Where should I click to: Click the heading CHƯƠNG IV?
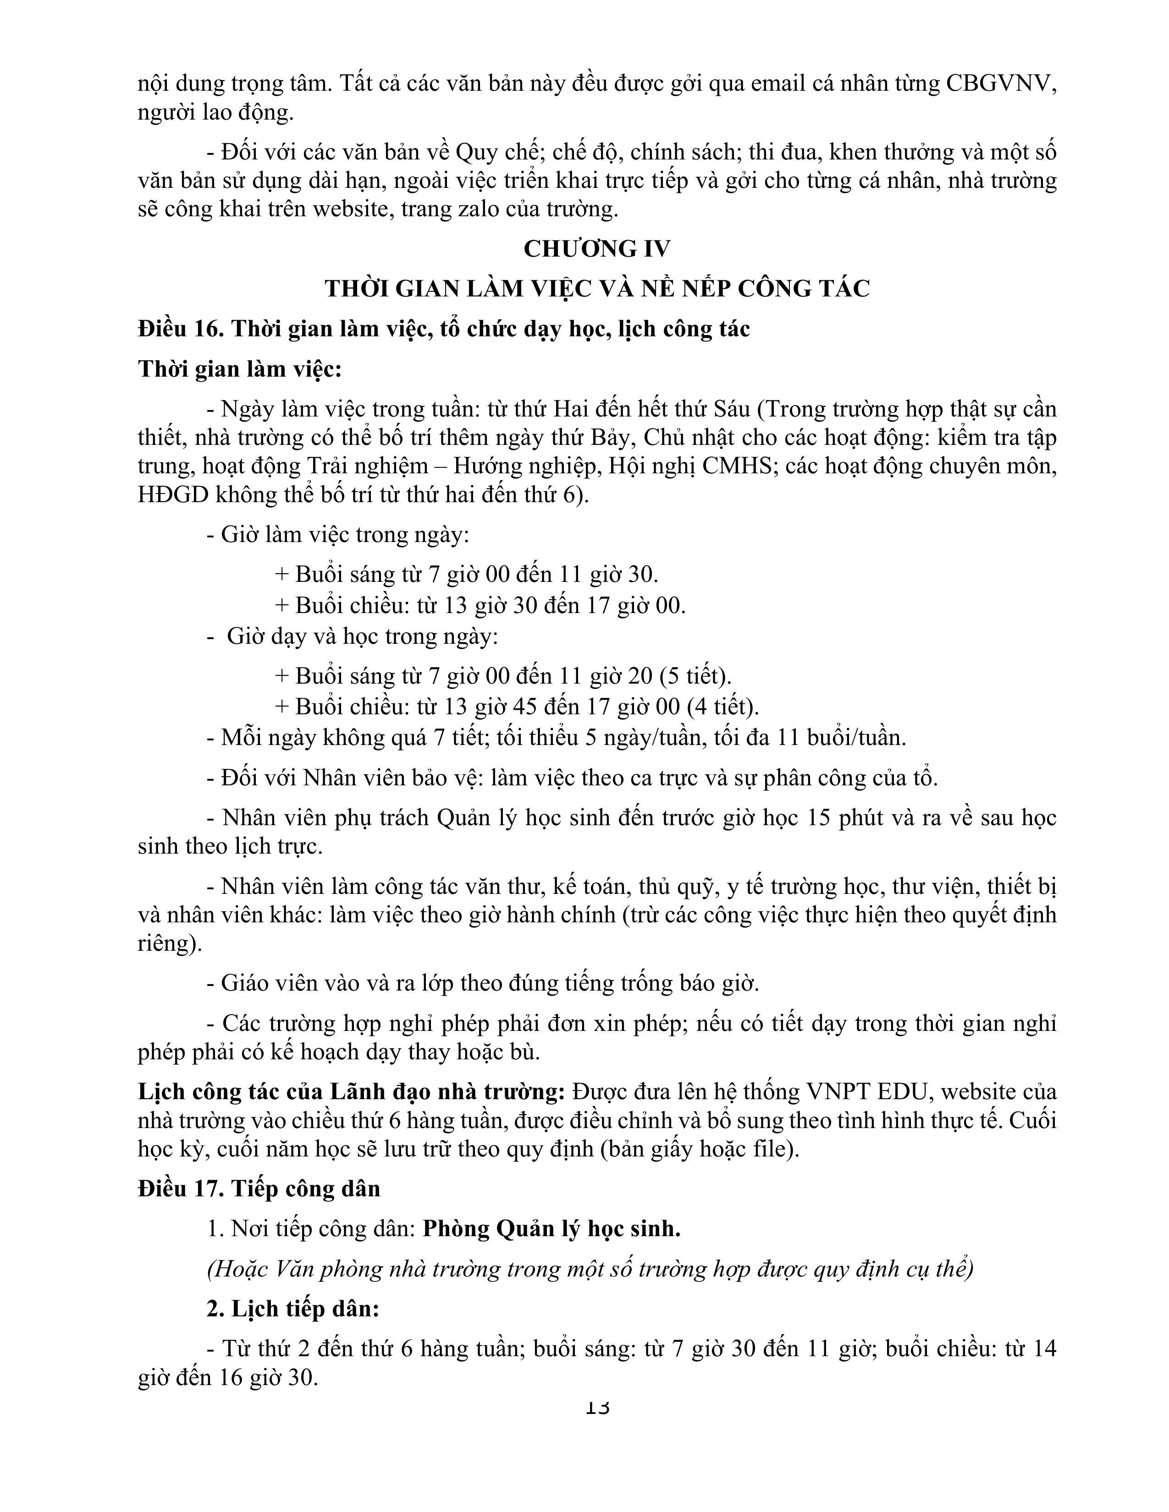click(x=597, y=248)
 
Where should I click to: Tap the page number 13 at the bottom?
click(x=597, y=1406)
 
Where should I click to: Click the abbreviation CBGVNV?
click(x=1001, y=84)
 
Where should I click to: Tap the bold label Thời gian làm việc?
click(x=240, y=369)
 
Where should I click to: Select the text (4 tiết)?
click(x=723, y=706)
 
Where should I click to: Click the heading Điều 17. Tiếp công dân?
click(x=259, y=1189)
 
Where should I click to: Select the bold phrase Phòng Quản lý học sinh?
click(x=551, y=1229)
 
